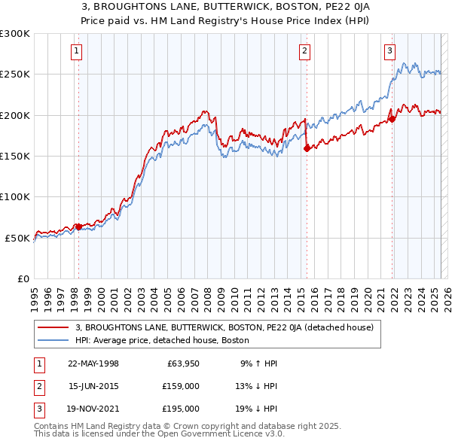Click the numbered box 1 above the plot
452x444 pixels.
(x=78, y=51)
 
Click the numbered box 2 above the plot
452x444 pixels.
(x=304, y=51)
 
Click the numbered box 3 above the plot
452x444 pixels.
(x=389, y=51)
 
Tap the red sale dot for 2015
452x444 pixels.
(x=307, y=148)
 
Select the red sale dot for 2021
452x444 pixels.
(x=392, y=119)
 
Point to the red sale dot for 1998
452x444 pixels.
(x=78, y=226)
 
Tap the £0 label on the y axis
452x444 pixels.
(x=23, y=278)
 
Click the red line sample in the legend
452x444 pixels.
(x=53, y=327)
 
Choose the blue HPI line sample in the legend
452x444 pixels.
(x=53, y=340)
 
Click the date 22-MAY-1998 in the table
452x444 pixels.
(x=93, y=363)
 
